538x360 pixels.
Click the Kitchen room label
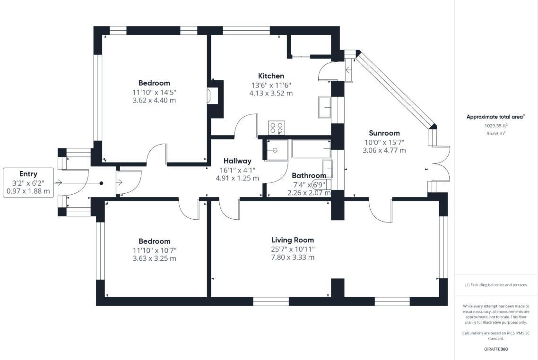[271, 76]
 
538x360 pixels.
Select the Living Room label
[293, 240]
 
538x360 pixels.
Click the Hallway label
[237, 161]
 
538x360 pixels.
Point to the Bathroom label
[309, 176]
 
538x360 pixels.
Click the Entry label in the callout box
[28, 174]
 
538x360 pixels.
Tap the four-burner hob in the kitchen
[277, 128]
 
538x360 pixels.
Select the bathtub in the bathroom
[312, 149]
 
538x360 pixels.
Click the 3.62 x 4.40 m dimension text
[155, 100]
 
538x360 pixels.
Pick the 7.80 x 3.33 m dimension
[293, 257]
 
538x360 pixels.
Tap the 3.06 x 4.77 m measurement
[384, 150]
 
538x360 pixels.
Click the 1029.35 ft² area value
[495, 126]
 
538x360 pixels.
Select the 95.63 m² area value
[495, 134]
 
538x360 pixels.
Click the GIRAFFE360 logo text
[496, 349]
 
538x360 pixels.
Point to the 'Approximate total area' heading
[495, 117]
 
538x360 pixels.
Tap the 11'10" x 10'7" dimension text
[155, 250]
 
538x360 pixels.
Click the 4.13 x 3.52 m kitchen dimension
[271, 93]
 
